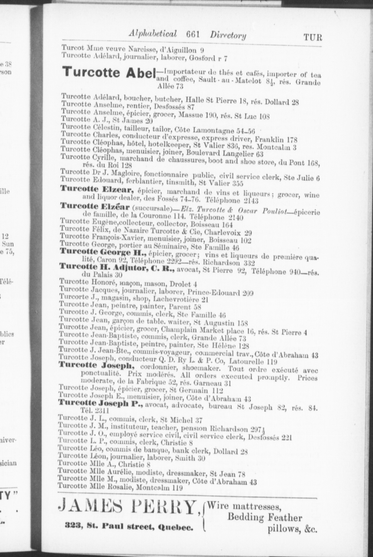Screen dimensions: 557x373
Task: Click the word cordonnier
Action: click(x=157, y=366)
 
